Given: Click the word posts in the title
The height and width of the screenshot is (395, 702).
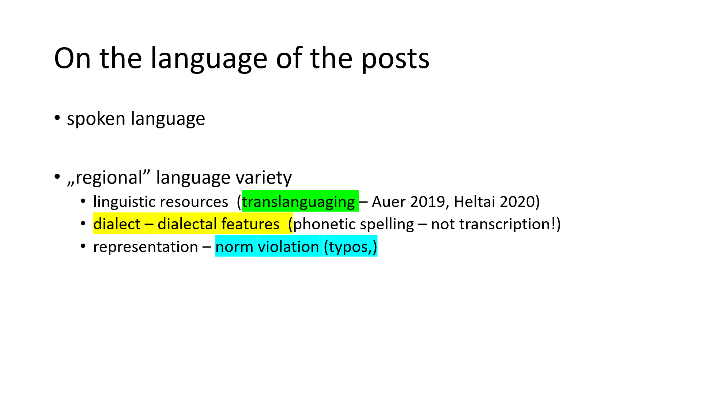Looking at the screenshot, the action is click(396, 59).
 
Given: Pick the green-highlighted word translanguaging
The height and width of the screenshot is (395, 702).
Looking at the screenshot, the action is click(298, 202).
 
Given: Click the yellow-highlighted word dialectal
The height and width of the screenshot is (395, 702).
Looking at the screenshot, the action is click(187, 224).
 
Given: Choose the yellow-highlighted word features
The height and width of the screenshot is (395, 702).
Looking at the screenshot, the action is click(250, 224).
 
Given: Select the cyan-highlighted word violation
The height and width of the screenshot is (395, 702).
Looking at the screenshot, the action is click(288, 247).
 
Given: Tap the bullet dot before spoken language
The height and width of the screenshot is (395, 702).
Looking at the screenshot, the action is click(57, 118).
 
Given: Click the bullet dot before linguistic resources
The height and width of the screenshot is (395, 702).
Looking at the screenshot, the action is click(83, 201).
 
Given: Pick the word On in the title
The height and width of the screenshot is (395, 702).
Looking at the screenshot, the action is click(72, 59).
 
